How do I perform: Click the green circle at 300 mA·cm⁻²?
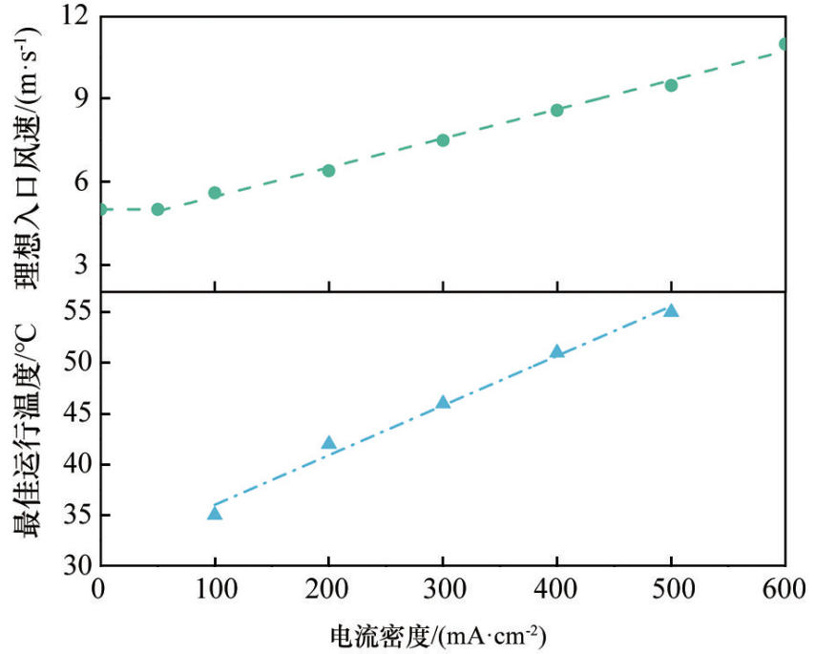tap(443, 140)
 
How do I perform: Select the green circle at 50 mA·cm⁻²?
tap(157, 209)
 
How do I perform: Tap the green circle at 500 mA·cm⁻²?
tap(671, 85)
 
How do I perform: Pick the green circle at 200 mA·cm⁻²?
tap(328, 170)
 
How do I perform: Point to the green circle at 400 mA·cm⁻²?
tap(556, 110)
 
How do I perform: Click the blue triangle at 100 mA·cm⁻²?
tap(215, 514)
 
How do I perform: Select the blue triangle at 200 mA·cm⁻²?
tap(328, 443)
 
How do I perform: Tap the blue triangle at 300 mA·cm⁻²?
tap(443, 402)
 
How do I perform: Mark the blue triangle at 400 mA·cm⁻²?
tap(556, 351)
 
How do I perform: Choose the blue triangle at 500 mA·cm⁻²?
tap(671, 310)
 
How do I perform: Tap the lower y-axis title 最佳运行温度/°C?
tap(26, 431)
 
